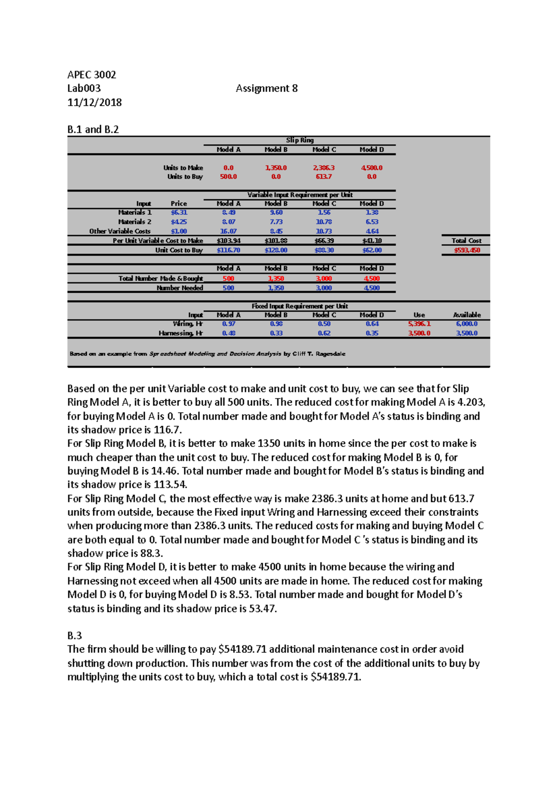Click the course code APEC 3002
(x=91, y=75)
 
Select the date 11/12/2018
(x=94, y=102)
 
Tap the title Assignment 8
(x=266, y=88)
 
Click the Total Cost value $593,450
(x=466, y=250)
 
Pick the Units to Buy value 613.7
(x=324, y=177)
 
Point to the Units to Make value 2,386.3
(x=324, y=168)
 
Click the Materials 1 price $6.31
(x=179, y=212)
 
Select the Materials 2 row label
(x=135, y=222)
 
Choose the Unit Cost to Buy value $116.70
(x=228, y=250)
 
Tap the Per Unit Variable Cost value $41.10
(x=372, y=241)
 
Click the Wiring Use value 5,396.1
(x=419, y=324)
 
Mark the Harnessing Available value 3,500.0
(x=466, y=333)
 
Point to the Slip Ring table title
(x=300, y=140)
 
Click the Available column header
(x=466, y=315)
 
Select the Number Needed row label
(x=180, y=288)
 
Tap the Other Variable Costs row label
(x=120, y=231)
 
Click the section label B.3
(x=74, y=635)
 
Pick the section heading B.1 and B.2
(x=93, y=129)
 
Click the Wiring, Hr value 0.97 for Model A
(x=228, y=324)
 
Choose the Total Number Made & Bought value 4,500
(x=372, y=278)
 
